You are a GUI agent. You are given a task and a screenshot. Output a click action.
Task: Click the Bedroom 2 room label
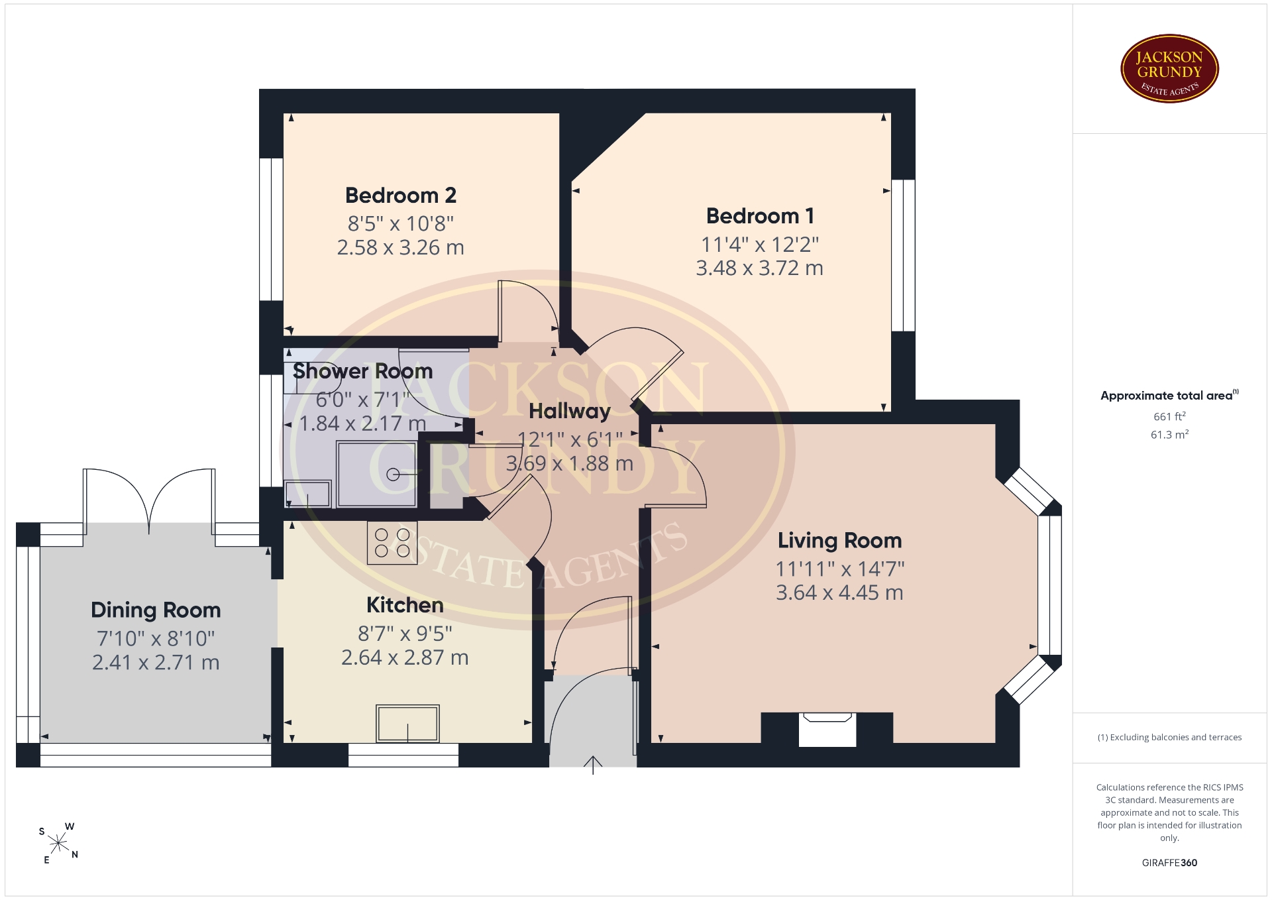tap(401, 196)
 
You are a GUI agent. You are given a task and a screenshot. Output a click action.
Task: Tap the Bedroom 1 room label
tap(760, 216)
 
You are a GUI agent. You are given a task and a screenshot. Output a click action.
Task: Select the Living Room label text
tap(839, 541)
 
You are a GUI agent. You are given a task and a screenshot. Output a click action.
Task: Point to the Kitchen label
tap(405, 605)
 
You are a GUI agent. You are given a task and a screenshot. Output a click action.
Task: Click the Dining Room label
tap(156, 610)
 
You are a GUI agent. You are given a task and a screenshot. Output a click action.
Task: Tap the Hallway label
tap(570, 412)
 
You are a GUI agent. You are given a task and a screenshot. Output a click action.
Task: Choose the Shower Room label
tap(362, 371)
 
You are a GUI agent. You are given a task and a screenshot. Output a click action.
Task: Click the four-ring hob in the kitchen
tap(392, 542)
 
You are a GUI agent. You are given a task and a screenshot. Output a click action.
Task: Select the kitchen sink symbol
tap(407, 723)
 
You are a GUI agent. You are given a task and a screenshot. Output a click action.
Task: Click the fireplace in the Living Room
tap(827, 729)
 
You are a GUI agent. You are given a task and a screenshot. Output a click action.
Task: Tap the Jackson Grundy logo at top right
tap(1169, 69)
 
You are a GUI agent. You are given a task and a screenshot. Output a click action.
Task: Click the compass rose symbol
tap(58, 844)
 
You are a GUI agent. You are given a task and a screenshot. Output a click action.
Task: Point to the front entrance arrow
tap(593, 765)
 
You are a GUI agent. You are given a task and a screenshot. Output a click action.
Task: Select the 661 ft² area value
tap(1169, 416)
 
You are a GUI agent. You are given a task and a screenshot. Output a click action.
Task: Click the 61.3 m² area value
tap(1169, 435)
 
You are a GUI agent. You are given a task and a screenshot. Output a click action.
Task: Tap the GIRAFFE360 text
tap(1169, 863)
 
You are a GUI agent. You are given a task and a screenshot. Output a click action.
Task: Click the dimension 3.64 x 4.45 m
tap(839, 592)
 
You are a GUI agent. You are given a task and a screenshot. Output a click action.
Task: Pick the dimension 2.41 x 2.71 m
tap(156, 662)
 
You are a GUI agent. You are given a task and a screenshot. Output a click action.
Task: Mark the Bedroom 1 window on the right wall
tap(903, 255)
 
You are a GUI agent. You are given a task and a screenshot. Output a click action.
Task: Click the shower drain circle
tap(393, 475)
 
